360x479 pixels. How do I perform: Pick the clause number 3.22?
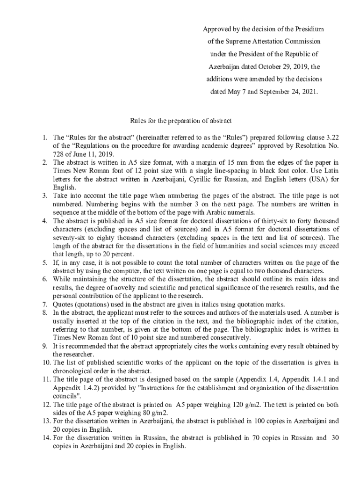332,138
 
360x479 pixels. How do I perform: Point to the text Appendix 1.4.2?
75,387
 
